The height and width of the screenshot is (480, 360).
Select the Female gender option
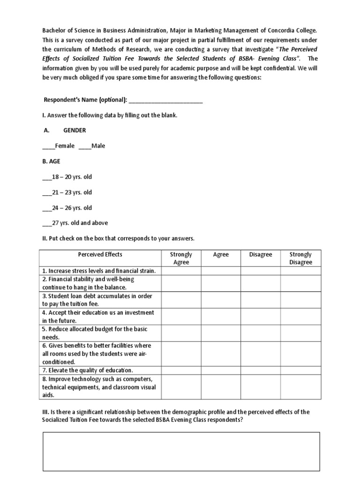coord(48,146)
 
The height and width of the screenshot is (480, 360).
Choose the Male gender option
coord(85,146)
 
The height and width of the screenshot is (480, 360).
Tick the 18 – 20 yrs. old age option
coord(47,177)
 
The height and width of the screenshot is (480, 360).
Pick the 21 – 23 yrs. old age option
coord(47,193)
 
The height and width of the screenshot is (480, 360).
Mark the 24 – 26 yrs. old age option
coord(47,208)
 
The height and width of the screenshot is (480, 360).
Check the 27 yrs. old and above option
coord(47,224)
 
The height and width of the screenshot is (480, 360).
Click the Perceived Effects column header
coord(100,255)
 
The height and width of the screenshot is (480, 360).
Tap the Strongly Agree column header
coord(181,258)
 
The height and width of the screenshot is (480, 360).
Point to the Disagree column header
coord(261,255)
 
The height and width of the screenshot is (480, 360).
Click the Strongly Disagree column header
coord(300,258)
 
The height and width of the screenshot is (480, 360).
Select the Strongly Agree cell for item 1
coord(181,271)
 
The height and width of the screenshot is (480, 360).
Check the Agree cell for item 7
coord(221,370)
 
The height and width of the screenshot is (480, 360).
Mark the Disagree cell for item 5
coord(261,333)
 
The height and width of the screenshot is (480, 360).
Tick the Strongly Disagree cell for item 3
coord(300,300)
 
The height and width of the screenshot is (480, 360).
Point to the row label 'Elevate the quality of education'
coord(88,370)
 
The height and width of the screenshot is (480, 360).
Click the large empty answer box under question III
coord(181,451)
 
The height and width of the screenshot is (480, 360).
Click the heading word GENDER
coord(75,131)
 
